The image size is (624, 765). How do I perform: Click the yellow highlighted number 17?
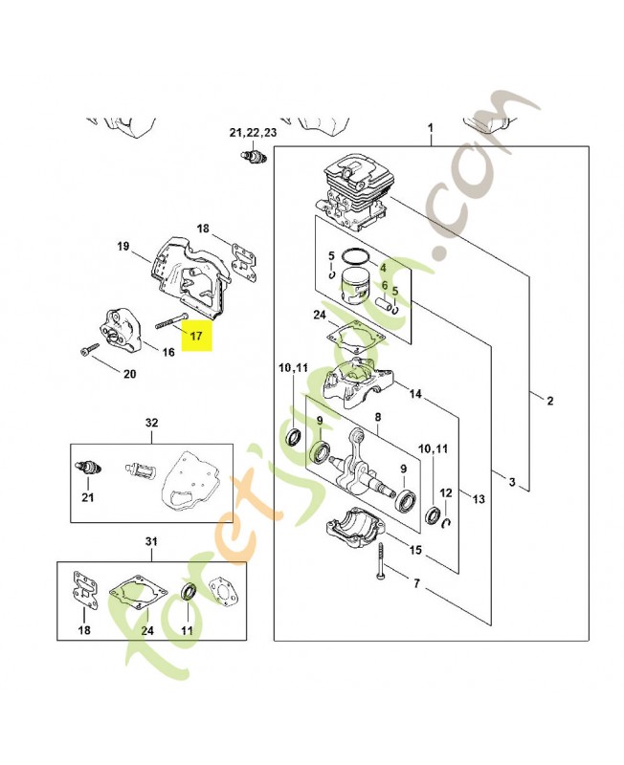click(x=195, y=337)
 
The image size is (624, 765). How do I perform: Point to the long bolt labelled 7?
click(x=381, y=557)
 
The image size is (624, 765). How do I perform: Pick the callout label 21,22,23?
click(x=253, y=131)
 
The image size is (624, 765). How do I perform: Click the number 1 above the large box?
click(x=431, y=128)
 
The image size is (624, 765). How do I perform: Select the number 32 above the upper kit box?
click(x=150, y=422)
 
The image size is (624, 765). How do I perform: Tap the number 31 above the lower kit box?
click(x=150, y=542)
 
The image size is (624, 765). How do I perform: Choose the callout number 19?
click(x=123, y=247)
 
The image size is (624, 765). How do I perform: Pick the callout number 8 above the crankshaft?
click(x=378, y=418)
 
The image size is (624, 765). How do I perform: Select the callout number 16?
click(x=167, y=353)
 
